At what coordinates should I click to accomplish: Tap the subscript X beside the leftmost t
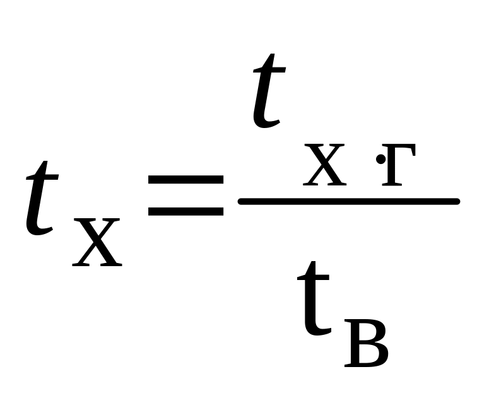pos(96,243)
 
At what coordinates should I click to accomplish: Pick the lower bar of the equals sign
pos(185,211)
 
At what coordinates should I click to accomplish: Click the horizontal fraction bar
pos(349,201)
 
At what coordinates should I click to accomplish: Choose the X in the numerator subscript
pos(324,165)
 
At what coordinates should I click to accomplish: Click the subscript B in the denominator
pos(366,344)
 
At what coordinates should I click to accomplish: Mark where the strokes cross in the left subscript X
pos(96,242)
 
